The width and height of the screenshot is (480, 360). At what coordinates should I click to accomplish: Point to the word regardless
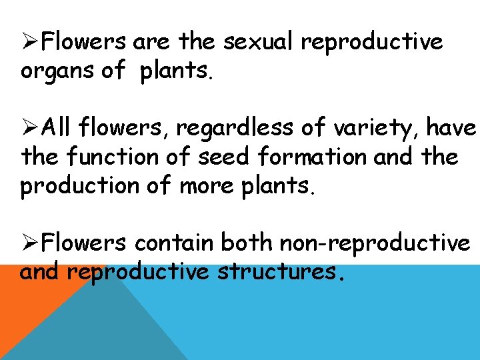tap(236, 126)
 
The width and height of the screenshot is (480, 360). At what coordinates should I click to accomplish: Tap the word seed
tap(226, 157)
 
